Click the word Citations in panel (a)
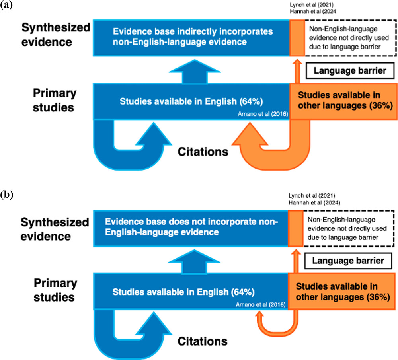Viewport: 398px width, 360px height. tap(203, 152)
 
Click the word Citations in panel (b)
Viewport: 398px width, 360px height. tap(203, 342)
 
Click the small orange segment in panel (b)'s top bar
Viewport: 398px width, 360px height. tap(295, 226)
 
